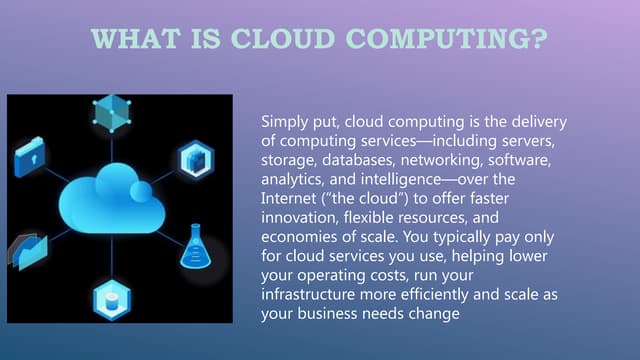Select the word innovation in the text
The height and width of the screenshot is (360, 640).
pos(300,216)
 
